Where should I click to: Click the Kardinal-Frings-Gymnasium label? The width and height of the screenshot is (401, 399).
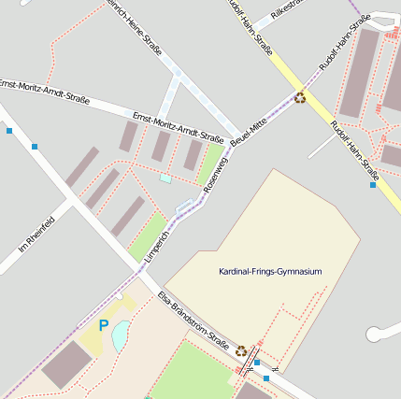point(269,272)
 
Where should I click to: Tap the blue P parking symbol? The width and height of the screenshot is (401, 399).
point(104,326)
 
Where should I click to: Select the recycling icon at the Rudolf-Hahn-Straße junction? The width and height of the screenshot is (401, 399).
point(300,96)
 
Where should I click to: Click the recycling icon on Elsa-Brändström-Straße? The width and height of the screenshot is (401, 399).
point(241,350)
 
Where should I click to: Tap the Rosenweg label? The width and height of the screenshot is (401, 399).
point(216,177)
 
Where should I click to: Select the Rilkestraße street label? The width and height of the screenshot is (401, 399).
point(287,12)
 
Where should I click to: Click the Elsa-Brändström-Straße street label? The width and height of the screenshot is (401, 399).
point(193,321)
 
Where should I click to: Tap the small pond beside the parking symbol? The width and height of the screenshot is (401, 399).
point(121,335)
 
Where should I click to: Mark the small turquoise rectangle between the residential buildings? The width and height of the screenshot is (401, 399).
point(165,178)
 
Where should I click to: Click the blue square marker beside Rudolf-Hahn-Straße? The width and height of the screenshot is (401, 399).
point(372,185)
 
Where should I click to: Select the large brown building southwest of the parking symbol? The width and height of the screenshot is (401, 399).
point(67,364)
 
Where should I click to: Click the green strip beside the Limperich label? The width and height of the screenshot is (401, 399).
point(147,239)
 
